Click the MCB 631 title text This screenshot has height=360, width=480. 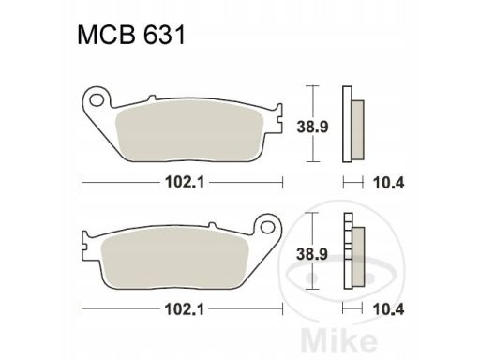[131, 35]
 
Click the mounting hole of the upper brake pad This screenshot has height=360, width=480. [97, 100]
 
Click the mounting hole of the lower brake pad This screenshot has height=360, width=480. [268, 227]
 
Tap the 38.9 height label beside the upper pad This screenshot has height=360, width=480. [312, 127]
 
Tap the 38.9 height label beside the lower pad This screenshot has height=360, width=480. [312, 254]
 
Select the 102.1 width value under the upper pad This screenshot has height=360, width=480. [185, 182]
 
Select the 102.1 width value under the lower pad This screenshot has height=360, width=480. [185, 309]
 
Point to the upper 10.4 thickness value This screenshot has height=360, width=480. [389, 183]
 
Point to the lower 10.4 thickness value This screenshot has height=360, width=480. [389, 309]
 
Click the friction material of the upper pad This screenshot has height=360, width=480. [189, 130]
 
